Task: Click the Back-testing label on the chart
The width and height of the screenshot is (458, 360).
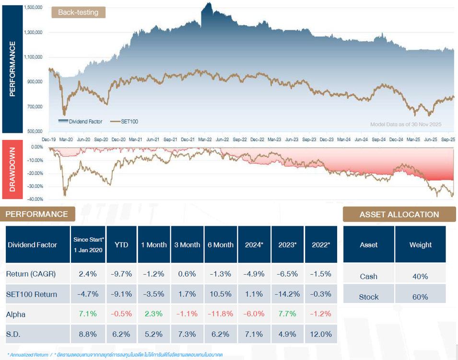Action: tap(78, 12)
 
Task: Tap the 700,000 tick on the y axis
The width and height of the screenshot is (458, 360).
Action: tap(35, 106)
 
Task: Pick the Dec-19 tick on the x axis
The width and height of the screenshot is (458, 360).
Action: tap(49, 139)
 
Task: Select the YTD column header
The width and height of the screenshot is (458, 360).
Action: tap(122, 244)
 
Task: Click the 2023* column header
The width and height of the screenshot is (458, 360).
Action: tap(288, 244)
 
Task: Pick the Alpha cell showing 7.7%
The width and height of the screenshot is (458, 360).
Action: tap(288, 314)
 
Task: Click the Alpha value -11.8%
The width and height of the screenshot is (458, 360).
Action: tap(221, 314)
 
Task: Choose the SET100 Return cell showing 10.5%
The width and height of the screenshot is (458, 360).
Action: tap(221, 294)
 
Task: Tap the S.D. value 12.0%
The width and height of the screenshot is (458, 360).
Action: tap(321, 334)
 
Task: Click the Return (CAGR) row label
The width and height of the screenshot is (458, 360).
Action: tap(31, 274)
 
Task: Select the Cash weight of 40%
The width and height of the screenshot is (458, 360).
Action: tap(420, 276)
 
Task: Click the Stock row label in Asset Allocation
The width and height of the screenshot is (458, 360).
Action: tap(368, 297)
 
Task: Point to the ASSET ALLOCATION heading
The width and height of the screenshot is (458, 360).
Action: tap(399, 214)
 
